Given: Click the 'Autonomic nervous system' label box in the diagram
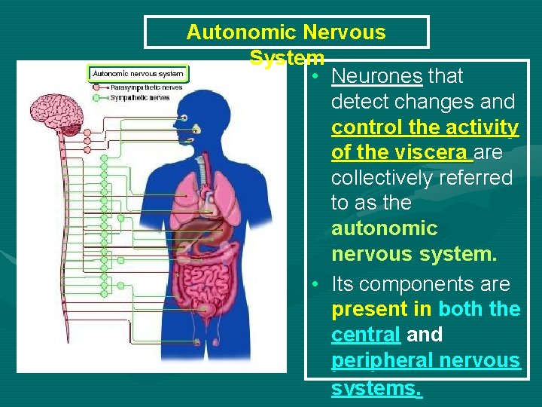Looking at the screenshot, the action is click(x=139, y=74).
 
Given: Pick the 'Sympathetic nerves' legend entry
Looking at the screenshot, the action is click(x=140, y=97).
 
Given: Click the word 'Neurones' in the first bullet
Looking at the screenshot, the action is click(x=376, y=76).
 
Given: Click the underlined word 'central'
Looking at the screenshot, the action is click(x=365, y=335).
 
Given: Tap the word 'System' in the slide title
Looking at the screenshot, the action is click(x=287, y=57).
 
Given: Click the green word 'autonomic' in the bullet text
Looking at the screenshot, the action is click(x=384, y=228).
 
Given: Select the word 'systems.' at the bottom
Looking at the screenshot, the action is click(x=376, y=387).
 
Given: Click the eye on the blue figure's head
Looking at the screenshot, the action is click(x=184, y=118).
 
